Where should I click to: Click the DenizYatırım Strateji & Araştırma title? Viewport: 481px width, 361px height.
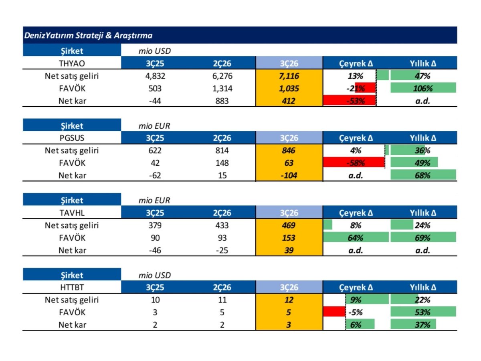pos(88,35)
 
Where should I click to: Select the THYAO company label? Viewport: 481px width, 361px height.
pos(72,63)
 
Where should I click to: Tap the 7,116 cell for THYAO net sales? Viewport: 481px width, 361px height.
pos(289,76)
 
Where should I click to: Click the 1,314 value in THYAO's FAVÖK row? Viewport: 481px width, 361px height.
pos(222,88)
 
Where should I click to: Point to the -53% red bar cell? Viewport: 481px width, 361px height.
pos(350,101)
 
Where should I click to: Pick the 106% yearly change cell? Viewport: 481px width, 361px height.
pos(423,88)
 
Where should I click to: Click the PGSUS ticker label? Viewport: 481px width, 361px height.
pos(72,138)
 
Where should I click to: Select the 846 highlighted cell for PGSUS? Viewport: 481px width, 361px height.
pos(289,150)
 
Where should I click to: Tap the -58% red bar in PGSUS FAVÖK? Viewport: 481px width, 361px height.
pos(354,162)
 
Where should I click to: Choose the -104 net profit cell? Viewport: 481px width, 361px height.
pos(289,175)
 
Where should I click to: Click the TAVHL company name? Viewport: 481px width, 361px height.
pos(72,213)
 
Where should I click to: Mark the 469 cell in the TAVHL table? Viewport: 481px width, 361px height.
pos(289,225)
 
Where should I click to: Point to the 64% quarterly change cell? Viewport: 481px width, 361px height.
pos(356,237)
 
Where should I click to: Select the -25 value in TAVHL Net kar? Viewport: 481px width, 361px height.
pos(222,250)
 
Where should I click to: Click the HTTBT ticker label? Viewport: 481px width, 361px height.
pos(72,287)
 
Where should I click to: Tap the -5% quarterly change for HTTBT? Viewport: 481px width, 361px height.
pos(355,312)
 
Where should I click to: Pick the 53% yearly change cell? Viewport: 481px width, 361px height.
pos(423,312)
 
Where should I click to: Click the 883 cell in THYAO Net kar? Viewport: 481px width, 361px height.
pos(222,101)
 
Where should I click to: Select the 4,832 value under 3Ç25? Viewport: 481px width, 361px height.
pos(155,76)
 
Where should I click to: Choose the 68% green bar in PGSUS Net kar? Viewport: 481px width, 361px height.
pos(423,175)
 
